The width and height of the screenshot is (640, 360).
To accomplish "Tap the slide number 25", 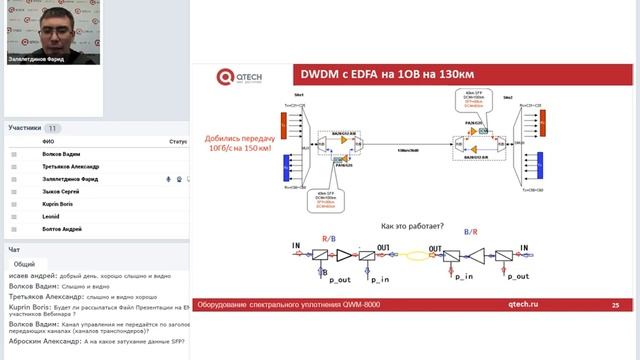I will click(x=615, y=304).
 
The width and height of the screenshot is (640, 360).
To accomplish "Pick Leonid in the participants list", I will click(x=51, y=216).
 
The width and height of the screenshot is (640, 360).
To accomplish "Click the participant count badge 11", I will click(x=53, y=129).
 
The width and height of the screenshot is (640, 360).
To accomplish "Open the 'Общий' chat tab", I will click(x=24, y=263).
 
